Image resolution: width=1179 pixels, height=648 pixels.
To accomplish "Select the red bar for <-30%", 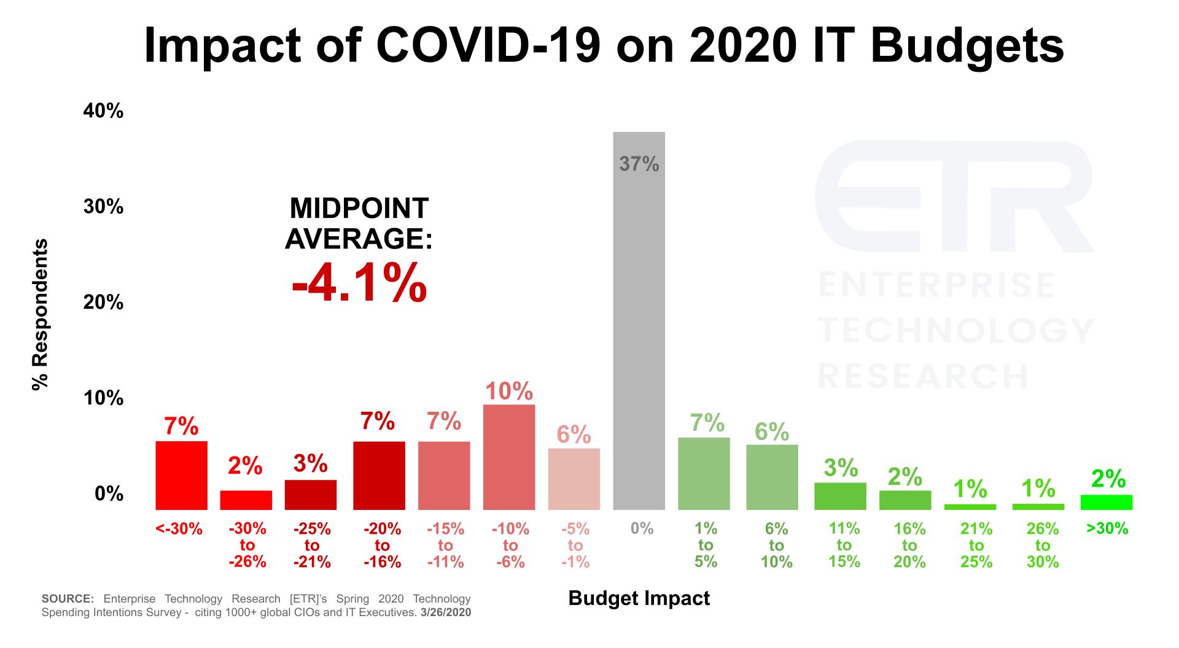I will click(x=181, y=476).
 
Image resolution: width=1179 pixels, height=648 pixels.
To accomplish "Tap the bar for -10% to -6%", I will click(x=509, y=457).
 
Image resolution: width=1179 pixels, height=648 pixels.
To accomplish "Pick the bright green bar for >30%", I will click(x=1106, y=503).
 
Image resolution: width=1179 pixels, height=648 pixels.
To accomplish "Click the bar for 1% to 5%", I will click(x=704, y=474).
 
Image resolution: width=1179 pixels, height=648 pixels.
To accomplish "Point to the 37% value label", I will click(x=639, y=164).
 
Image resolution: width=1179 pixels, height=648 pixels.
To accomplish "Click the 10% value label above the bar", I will click(x=509, y=391).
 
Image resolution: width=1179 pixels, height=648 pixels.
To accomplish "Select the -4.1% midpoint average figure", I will click(x=359, y=283).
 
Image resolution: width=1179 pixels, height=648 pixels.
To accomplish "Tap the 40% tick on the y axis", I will click(x=103, y=112).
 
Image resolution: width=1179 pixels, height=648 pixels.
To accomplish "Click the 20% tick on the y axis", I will click(x=103, y=303).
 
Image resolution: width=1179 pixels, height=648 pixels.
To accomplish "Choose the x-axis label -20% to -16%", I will click(x=382, y=545).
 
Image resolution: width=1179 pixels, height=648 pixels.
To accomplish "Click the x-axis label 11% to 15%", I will click(x=844, y=545).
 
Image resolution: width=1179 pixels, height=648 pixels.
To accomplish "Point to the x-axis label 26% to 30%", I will click(x=1042, y=545).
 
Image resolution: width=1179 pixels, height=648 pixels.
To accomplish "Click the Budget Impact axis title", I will click(x=639, y=598).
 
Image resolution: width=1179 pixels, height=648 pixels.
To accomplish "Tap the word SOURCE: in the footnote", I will click(x=68, y=599).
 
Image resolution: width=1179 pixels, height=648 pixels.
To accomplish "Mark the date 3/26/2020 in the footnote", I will click(x=446, y=612).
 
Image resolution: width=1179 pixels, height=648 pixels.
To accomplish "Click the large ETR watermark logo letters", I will click(x=953, y=196).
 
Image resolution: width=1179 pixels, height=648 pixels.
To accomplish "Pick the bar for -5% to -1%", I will click(x=574, y=479).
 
